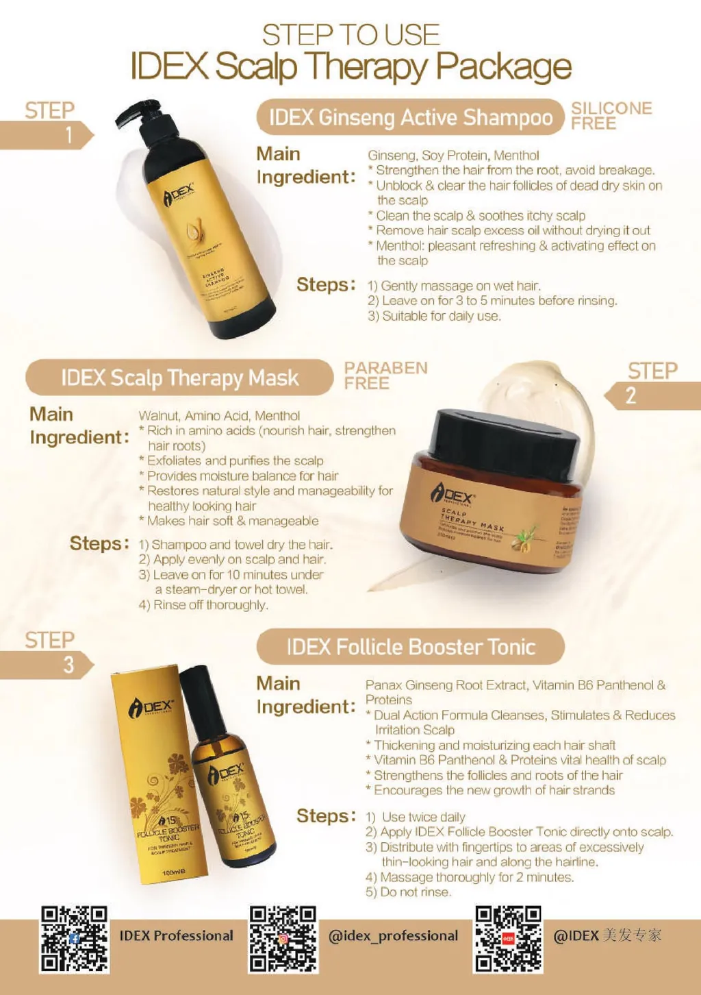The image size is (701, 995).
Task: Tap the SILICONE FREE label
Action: click(611, 116)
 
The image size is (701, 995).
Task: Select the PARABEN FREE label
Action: click(385, 376)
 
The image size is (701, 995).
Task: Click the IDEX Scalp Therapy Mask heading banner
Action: click(179, 378)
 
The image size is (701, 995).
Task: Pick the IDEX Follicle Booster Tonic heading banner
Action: click(410, 647)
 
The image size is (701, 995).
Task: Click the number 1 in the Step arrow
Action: click(68, 135)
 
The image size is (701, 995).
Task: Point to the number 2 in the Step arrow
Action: click(630, 395)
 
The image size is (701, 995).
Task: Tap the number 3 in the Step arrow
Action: click(68, 665)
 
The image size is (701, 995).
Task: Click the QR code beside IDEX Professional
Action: click(74, 939)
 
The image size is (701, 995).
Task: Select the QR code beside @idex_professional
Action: click(283, 939)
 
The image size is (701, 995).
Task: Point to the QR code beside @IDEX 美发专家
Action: click(508, 939)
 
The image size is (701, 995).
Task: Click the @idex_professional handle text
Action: click(393, 936)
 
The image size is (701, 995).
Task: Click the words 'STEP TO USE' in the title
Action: click(350, 35)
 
